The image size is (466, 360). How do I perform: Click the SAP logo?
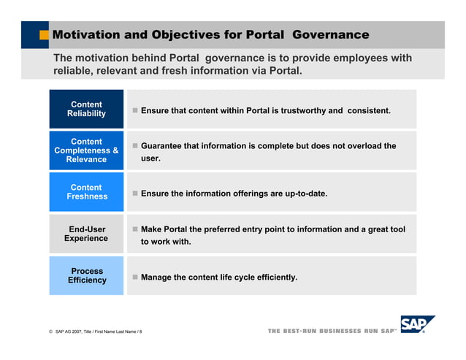[x=417, y=324]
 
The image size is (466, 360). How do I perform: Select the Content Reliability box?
[x=86, y=109]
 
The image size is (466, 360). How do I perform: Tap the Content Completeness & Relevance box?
[x=86, y=150]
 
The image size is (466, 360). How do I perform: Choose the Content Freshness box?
[x=86, y=192]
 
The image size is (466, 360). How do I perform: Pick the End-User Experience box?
[x=86, y=234]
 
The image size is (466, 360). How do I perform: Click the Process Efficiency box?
[x=86, y=275]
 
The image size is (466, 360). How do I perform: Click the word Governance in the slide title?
[x=332, y=35]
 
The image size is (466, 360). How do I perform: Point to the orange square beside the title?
[x=45, y=35]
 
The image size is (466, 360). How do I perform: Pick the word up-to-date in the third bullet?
[x=303, y=194]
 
